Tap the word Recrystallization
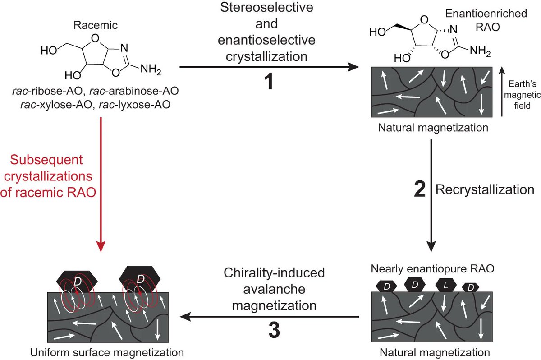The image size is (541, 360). [485, 189]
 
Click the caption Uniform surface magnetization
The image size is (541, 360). [106, 351]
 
